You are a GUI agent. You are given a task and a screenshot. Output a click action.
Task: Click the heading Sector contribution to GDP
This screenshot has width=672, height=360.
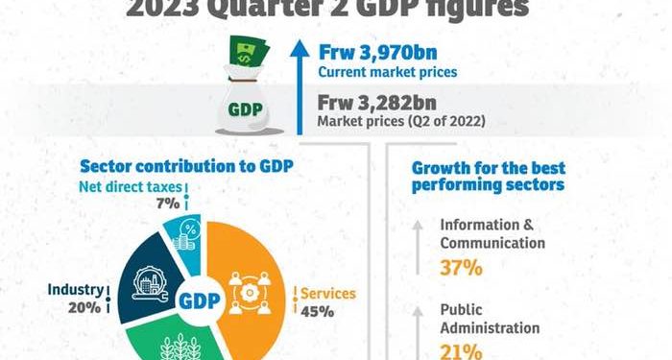coord(186,165)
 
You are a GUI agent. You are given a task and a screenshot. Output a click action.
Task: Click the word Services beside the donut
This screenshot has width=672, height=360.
coord(330,293)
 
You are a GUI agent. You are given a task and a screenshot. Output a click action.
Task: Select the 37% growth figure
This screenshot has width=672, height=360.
coord(461,268)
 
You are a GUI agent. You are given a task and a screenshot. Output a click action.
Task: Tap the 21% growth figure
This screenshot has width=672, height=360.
coord(460,351)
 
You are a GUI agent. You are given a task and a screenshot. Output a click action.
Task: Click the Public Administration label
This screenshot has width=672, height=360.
coord(490,319)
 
